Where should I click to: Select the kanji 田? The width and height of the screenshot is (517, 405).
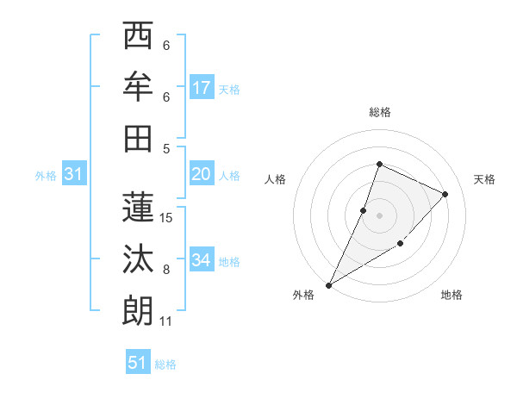[x=139, y=138]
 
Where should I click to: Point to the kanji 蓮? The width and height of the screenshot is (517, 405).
[x=139, y=206]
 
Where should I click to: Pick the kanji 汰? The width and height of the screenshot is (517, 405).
[x=139, y=258]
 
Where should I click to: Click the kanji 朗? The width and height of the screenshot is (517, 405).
[x=139, y=309]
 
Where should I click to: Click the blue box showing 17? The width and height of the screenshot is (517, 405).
[x=202, y=87]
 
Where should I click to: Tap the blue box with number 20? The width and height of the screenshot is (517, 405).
[x=202, y=174]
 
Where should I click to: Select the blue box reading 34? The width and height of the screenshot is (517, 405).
[x=202, y=259]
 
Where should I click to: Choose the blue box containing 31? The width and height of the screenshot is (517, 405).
[x=74, y=174]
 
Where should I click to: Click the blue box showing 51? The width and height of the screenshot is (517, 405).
[x=138, y=363]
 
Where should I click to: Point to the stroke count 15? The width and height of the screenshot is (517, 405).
[x=166, y=218]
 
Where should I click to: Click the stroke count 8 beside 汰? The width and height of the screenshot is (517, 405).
[x=166, y=270]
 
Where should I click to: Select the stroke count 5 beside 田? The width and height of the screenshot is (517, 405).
[x=166, y=148]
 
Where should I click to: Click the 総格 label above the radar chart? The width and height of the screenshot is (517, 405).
[x=379, y=112]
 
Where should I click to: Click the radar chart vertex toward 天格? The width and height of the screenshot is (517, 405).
[x=445, y=194]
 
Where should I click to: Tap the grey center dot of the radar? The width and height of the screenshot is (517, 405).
[x=379, y=215]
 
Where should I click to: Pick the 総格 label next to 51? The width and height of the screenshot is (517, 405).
[x=165, y=364]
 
